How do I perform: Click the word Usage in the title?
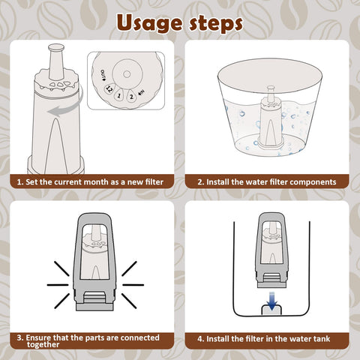point(149,23)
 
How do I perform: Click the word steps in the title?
point(215,23)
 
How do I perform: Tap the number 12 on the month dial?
point(109,88)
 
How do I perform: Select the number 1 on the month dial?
point(119,95)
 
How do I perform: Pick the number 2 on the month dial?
point(131,97)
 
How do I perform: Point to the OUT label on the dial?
point(103,76)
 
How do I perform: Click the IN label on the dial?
point(142,94)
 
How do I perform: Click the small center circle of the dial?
point(127,74)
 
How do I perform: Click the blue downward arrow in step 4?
point(272,301)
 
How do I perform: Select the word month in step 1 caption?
point(94,182)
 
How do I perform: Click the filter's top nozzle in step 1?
point(56,61)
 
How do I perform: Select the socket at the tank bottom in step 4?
point(271,310)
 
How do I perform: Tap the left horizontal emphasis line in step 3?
point(58,285)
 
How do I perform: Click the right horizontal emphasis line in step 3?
point(133,285)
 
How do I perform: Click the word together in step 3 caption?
point(43,345)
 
